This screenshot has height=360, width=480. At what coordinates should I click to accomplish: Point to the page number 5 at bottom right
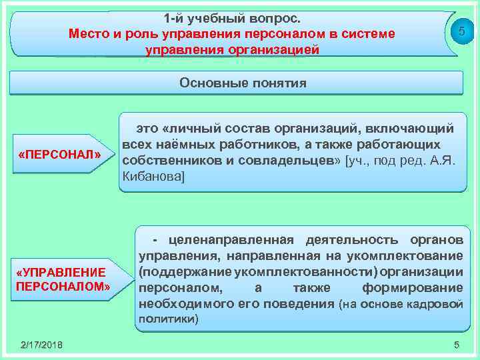tap(456, 344)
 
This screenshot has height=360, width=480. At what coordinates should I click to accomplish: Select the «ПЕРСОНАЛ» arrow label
tap(60, 155)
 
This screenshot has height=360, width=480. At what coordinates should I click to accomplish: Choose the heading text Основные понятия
tap(243, 83)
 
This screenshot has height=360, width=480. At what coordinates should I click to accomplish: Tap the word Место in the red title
tap(87, 33)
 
